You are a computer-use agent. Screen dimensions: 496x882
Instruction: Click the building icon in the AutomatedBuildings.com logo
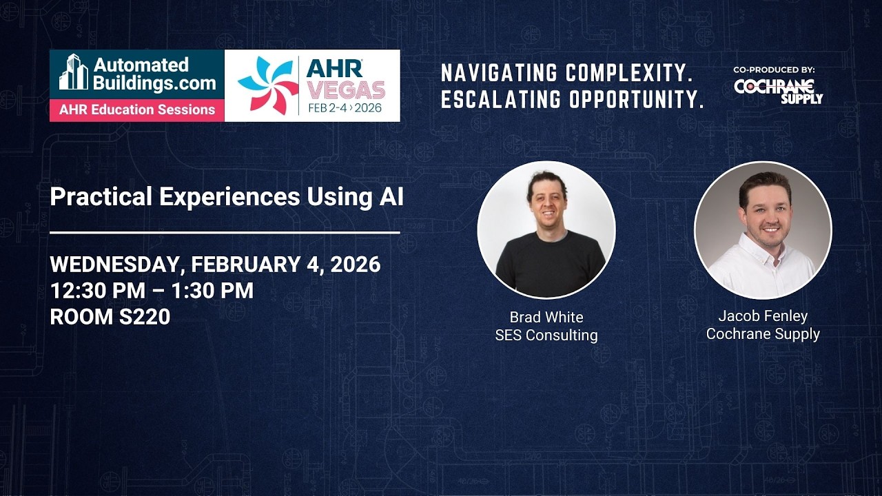pos(73,72)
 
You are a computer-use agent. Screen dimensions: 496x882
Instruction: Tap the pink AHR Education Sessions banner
pos(136,110)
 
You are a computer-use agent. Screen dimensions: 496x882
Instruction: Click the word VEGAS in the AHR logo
pos(346,90)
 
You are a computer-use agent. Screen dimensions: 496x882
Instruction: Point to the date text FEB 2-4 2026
pos(345,109)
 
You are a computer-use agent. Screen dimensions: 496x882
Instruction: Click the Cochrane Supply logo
pos(778,91)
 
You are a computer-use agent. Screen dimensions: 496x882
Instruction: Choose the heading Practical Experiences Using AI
pos(227,197)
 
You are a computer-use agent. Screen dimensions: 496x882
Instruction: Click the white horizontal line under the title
pos(225,233)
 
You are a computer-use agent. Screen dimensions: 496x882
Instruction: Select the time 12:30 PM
pos(97,291)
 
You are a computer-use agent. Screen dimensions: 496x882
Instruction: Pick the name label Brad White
pos(546,318)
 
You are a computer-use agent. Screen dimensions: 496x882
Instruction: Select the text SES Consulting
pos(546,335)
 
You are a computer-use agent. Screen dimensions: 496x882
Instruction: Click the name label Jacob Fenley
pos(763,316)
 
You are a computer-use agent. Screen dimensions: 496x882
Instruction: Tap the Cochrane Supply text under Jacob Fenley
pos(763,334)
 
